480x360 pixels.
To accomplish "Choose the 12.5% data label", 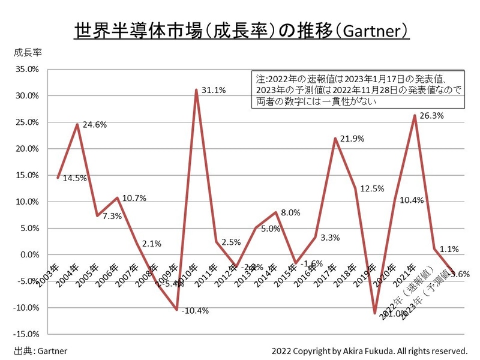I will [372, 189].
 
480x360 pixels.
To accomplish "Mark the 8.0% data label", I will [292, 213].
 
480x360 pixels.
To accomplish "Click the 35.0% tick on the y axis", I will [26, 69].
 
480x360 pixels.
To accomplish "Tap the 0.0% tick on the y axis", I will [28, 254].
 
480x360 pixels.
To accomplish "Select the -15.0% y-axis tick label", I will [26, 334].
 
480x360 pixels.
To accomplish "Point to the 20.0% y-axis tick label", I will [26, 149].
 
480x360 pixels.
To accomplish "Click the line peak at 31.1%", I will [196, 90].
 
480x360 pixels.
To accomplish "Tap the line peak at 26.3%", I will [415, 115].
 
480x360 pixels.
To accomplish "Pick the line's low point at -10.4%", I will [176, 310].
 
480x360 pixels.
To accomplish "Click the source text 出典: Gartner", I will [41, 350].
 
